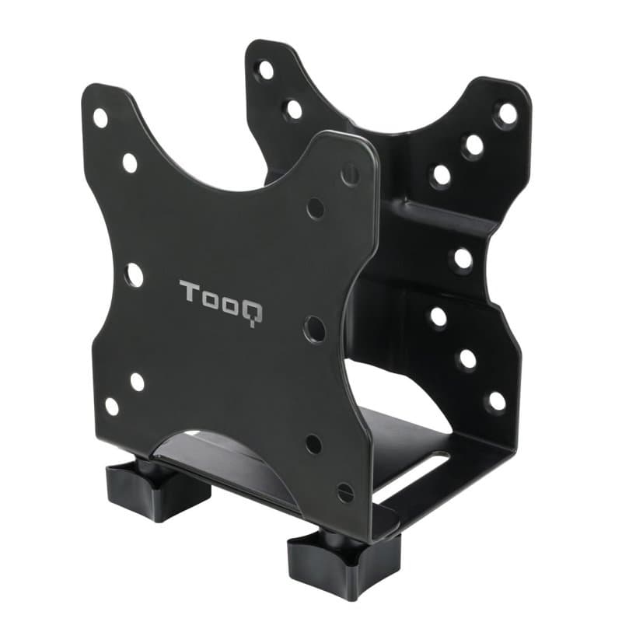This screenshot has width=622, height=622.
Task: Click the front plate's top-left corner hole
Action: point(100,118)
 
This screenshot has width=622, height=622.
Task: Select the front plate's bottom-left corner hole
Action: point(112,406)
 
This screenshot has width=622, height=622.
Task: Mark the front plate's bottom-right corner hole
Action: point(345,493)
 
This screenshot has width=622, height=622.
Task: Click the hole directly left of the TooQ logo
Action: point(134,274)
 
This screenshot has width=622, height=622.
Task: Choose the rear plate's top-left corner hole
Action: point(266,69)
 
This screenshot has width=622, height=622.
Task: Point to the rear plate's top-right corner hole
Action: point(506,114)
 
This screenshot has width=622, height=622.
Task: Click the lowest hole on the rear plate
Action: point(495,401)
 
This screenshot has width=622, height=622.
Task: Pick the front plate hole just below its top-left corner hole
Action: point(130,162)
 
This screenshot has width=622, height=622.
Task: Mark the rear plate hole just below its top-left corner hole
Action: point(293,109)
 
